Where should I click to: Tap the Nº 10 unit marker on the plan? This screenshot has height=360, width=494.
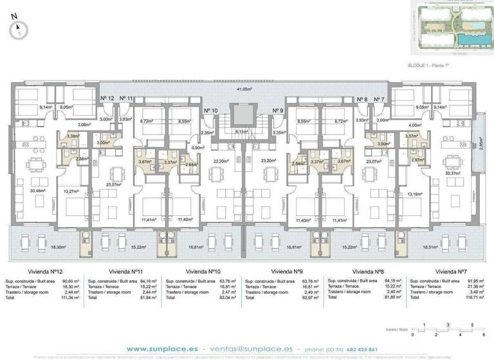click(210, 111)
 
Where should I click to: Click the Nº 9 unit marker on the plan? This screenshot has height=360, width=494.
click(278, 111)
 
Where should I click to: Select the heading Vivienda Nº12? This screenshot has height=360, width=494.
click(50, 271)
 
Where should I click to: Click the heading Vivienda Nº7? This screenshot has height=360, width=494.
click(450, 271)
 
